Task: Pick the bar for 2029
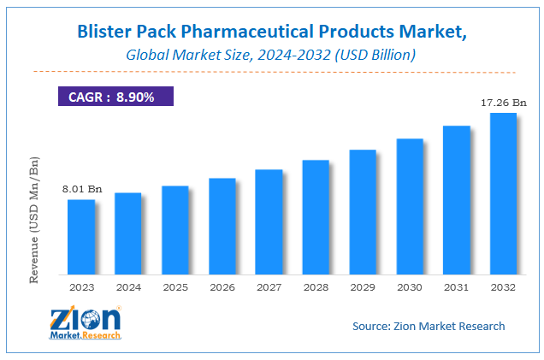coord(363,212)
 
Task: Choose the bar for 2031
coord(456,200)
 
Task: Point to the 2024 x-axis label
coord(127,287)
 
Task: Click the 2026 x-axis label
coord(222,287)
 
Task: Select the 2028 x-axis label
coord(316,287)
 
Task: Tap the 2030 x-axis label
coord(409,287)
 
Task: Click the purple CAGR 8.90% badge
coord(115,97)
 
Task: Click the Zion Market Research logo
coord(86,326)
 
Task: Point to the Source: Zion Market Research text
coord(429,326)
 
